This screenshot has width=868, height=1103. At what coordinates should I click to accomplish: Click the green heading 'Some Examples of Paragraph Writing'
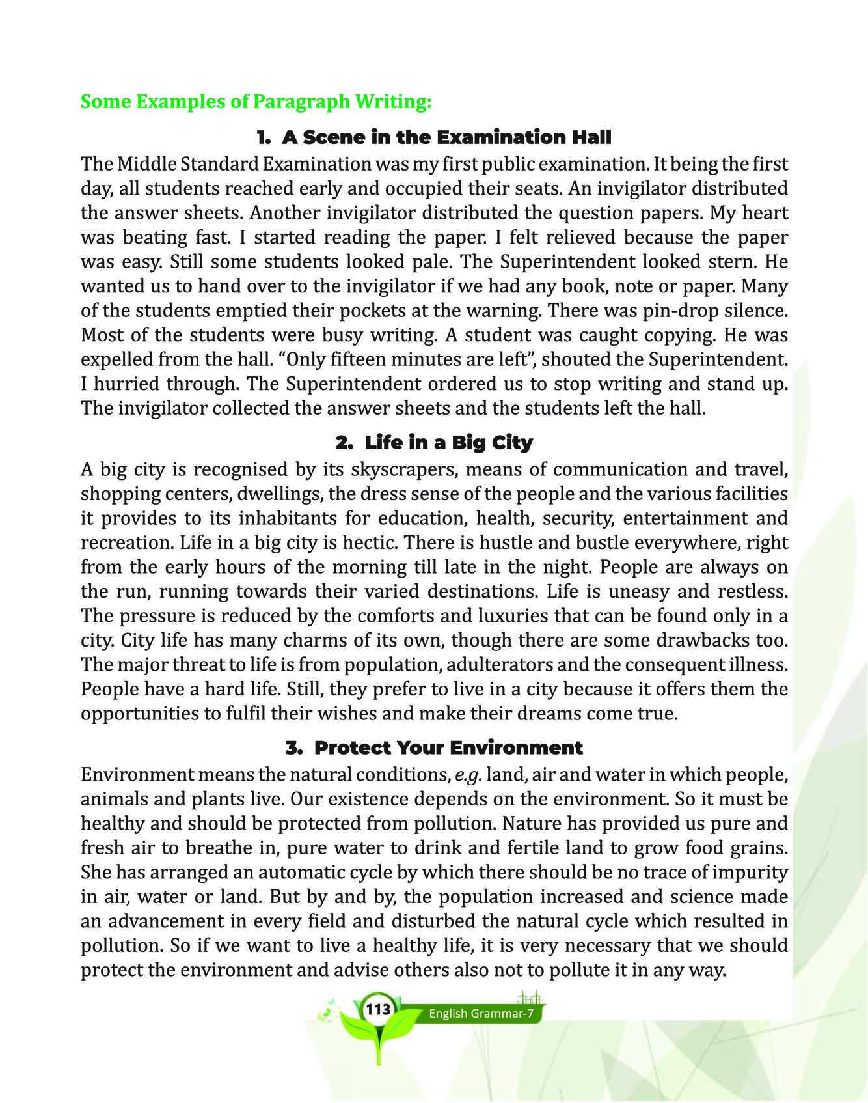(256, 102)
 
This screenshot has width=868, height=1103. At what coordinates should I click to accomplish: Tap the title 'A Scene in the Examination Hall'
(434, 137)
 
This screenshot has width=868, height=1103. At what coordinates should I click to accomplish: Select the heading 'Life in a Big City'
(434, 443)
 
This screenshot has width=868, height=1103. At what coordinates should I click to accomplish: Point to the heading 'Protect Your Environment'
(434, 747)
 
